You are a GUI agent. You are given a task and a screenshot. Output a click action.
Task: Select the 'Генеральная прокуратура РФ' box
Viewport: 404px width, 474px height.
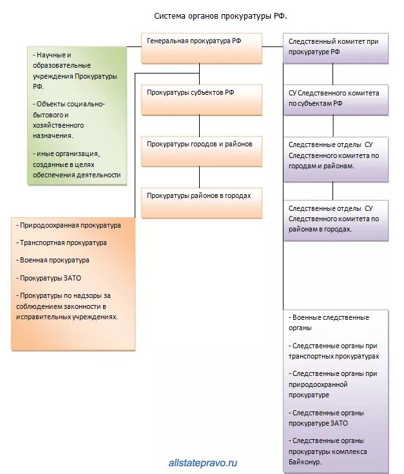pos(202,47)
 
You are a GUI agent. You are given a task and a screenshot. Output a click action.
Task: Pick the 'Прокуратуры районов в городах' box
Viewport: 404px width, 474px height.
pos(202,202)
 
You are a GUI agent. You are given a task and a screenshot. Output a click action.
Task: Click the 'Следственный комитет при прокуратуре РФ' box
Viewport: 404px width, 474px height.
pos(336,48)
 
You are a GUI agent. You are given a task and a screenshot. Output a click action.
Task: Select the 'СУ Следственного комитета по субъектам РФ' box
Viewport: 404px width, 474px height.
pos(336,99)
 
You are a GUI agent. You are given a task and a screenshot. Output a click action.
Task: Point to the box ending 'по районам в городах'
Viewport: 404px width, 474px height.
pos(336,219)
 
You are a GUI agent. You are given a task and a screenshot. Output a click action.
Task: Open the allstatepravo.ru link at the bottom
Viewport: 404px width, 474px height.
pos(203,462)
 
